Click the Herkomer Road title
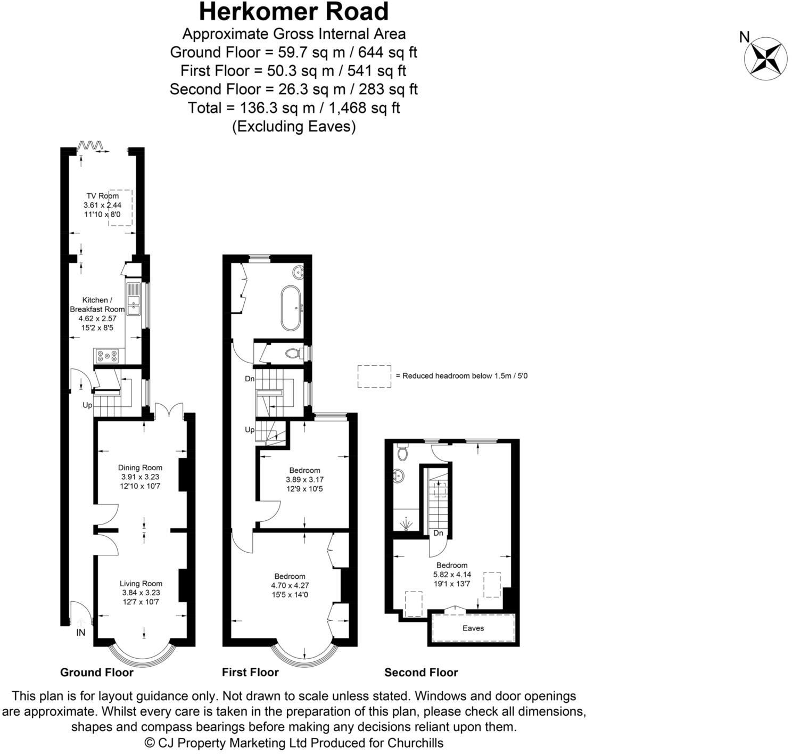click(294, 12)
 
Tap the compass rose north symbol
click(765, 59)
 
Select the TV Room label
click(102, 196)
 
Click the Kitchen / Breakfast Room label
click(97, 305)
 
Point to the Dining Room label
click(141, 468)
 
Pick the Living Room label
click(141, 583)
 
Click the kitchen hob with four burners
click(108, 355)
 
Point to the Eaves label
click(473, 628)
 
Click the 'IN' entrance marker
click(81, 633)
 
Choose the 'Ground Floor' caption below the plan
click(96, 673)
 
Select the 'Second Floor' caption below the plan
click(421, 673)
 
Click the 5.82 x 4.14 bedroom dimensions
click(452, 575)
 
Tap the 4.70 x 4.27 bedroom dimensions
click(290, 585)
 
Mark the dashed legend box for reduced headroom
click(374, 376)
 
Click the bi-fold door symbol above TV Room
click(90, 145)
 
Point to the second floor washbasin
click(399, 476)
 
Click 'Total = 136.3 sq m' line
click(294, 108)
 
